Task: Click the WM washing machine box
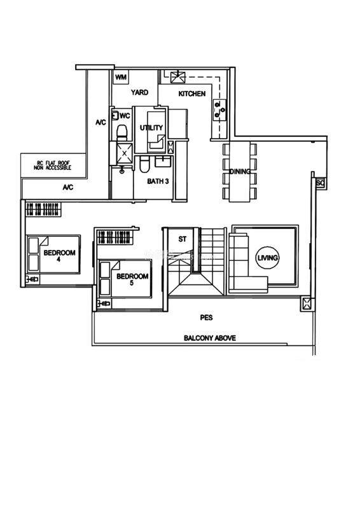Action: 121,77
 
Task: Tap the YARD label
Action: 139,92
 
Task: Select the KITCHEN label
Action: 192,94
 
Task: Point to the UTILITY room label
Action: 151,128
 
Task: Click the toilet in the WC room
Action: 122,133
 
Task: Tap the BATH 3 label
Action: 158,181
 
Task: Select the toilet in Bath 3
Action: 144,164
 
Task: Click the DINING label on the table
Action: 240,172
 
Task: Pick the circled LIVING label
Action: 268,258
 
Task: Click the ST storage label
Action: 183,239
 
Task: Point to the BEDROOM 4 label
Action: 59,256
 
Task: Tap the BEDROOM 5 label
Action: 132,279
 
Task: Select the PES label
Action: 207,317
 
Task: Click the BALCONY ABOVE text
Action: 210,338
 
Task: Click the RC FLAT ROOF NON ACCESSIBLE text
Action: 52,165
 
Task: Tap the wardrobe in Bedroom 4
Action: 43,209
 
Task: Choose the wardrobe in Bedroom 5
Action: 115,237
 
